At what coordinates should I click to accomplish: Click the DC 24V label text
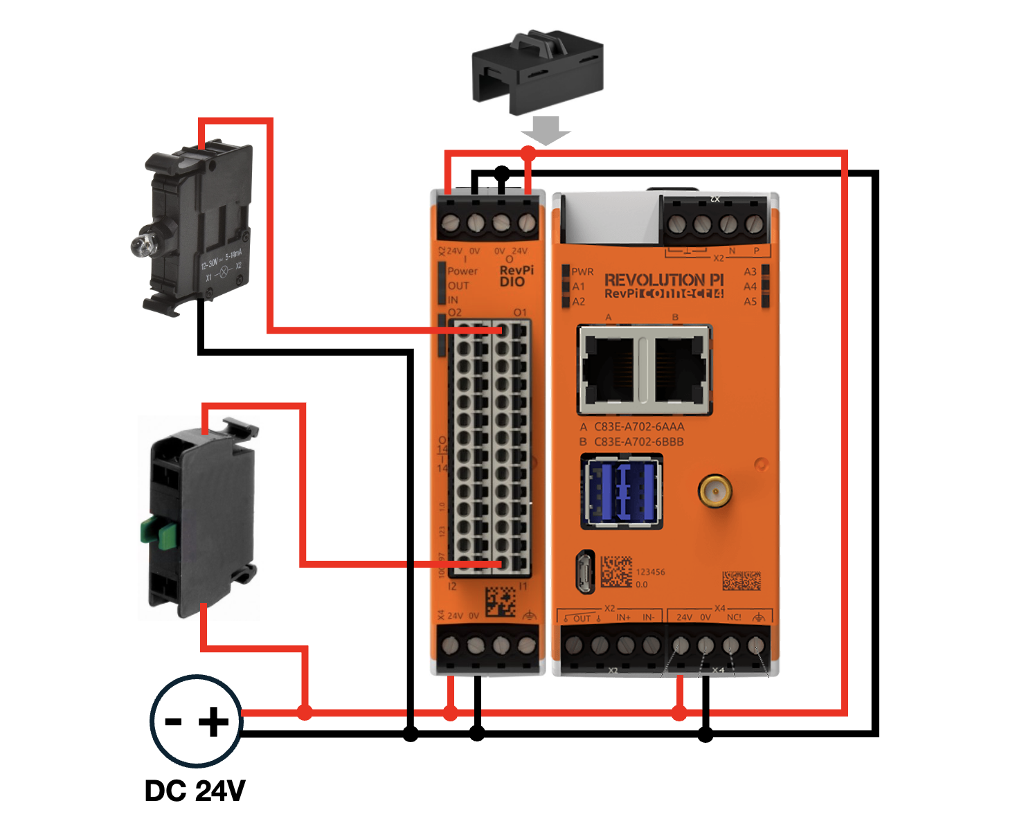point(195,791)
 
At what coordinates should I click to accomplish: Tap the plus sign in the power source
point(214,722)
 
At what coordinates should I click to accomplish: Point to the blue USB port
point(621,492)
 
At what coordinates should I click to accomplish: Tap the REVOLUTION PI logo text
point(663,280)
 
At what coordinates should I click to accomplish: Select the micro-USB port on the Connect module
point(584,571)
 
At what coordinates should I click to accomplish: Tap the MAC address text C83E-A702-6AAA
point(638,426)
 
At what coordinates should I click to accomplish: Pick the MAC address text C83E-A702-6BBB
point(638,442)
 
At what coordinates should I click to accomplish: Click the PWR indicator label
point(582,271)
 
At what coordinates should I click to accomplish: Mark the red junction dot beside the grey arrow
point(528,152)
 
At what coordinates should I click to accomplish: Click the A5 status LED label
point(751,301)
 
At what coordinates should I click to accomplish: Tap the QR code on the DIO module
point(500,602)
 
